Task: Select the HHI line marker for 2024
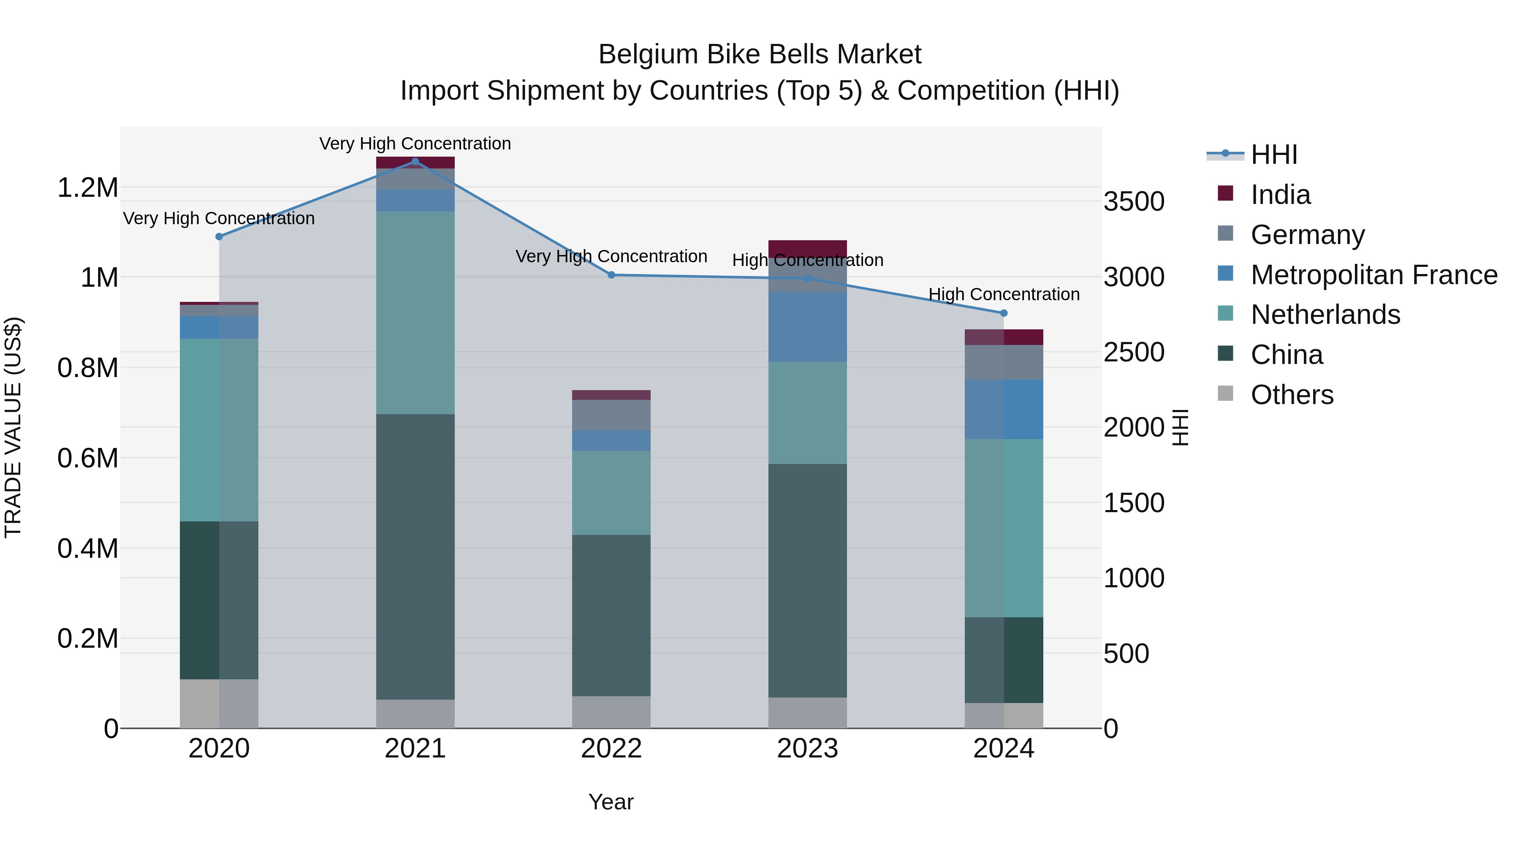(1004, 313)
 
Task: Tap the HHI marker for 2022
(611, 275)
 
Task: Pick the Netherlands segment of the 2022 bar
(611, 493)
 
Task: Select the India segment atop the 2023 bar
(807, 248)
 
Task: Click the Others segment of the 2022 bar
(611, 712)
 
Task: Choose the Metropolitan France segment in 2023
(807, 327)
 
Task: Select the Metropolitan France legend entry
(1373, 275)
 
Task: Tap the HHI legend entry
(1273, 155)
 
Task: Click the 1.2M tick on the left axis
(88, 187)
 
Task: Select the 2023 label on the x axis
(807, 749)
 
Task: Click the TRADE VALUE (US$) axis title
(13, 427)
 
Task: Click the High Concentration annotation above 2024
(1004, 294)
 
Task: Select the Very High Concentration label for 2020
(219, 218)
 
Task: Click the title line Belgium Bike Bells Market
(760, 54)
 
